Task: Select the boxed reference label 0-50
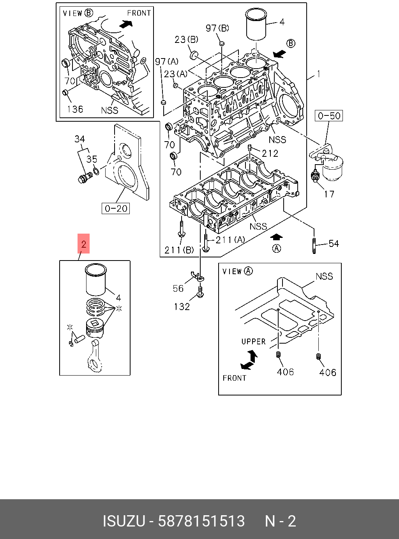(x=329, y=115)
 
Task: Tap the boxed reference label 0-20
(x=116, y=208)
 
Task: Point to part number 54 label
(x=334, y=244)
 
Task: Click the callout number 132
(x=182, y=307)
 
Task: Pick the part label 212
(x=270, y=153)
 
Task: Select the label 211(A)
(x=230, y=239)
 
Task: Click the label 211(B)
(x=179, y=250)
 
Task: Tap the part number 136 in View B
(x=75, y=109)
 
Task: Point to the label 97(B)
(x=217, y=28)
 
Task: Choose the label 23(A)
(x=175, y=74)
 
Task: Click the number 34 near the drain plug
(x=79, y=139)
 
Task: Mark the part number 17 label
(x=329, y=194)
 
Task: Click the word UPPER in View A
(x=253, y=342)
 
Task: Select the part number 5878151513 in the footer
(x=201, y=521)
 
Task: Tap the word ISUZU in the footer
(x=124, y=521)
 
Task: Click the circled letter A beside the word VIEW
(x=248, y=271)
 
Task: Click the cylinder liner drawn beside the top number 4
(x=256, y=24)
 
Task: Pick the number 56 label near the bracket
(x=178, y=288)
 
